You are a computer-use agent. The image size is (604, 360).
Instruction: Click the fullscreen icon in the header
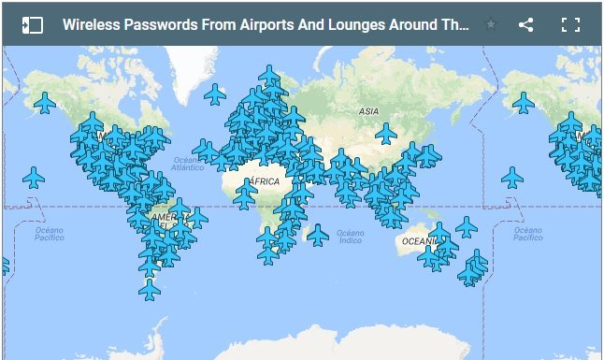570,25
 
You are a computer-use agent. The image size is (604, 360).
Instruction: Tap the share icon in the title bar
526,25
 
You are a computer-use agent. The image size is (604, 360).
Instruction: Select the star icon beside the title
491,25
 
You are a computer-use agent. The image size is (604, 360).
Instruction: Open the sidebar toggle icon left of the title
33,25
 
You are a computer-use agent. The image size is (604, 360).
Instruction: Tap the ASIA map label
368,111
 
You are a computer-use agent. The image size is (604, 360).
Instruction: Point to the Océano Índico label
351,237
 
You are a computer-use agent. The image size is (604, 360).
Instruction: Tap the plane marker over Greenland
215,94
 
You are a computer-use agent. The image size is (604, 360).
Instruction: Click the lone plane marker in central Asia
386,134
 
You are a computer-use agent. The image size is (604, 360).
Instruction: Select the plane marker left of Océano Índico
318,235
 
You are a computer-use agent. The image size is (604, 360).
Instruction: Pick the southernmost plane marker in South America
150,290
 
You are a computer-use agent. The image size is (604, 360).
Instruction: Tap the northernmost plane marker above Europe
269,75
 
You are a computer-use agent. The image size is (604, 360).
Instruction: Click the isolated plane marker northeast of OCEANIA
466,226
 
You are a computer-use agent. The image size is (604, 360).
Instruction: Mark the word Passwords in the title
162,25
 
